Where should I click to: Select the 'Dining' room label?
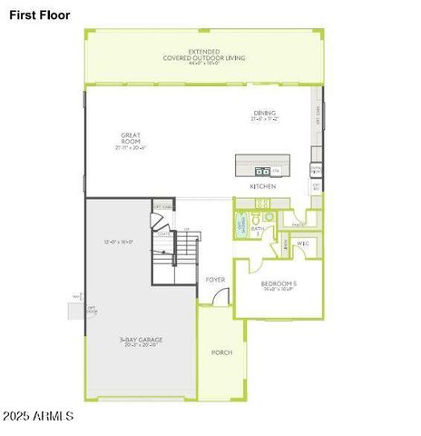(265, 114)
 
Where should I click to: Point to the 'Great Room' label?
(131, 138)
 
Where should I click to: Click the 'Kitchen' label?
(263, 186)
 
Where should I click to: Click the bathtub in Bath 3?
(242, 225)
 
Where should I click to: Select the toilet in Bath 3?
(257, 219)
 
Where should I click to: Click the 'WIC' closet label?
(303, 243)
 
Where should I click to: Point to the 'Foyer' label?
(215, 280)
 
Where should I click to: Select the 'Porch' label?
(221, 352)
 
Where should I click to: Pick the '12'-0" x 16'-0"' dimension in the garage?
(119, 243)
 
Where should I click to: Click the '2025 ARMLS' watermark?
(38, 416)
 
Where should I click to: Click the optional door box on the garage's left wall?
(77, 311)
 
